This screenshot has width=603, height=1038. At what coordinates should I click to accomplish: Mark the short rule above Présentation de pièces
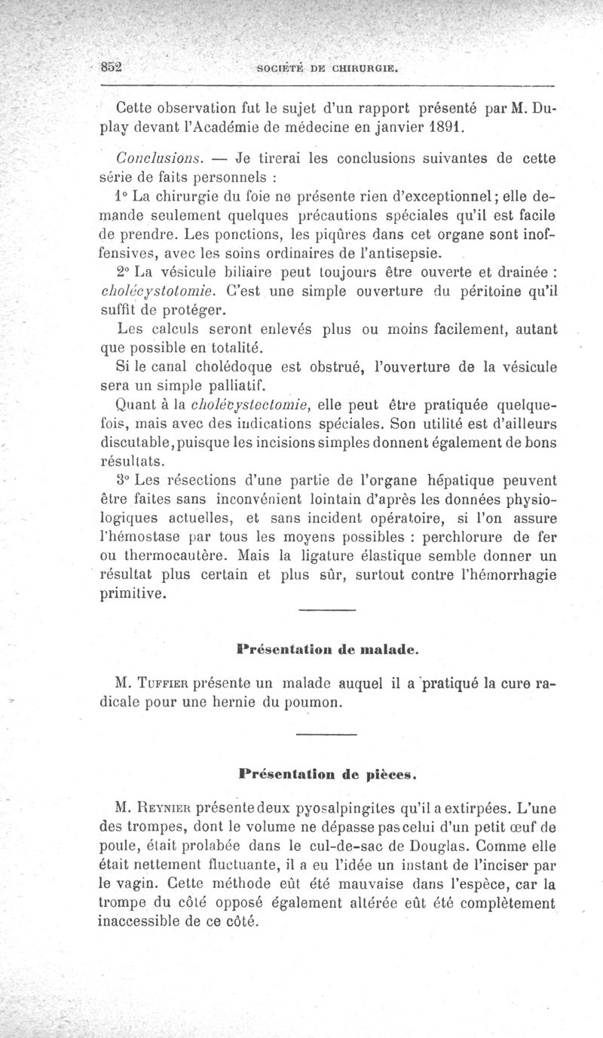click(x=326, y=734)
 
